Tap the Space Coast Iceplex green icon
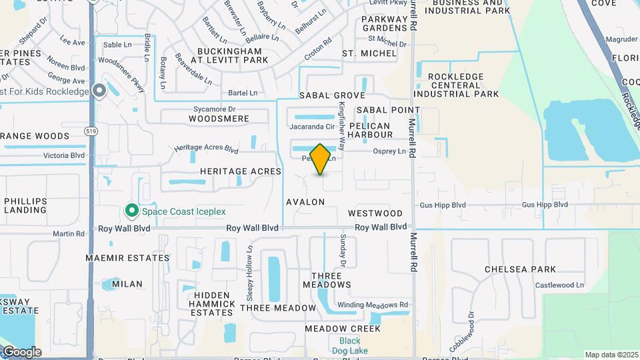pos(132,211)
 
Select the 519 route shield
pos(91,131)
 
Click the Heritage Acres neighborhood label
pos(241,171)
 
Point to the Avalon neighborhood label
pos(305,201)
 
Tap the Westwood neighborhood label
pos(375,213)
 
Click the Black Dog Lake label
pos(345,346)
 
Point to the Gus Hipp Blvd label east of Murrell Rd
pos(545,205)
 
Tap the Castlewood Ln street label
pos(559,285)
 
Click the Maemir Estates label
pos(127,257)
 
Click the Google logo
pos(21,351)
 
